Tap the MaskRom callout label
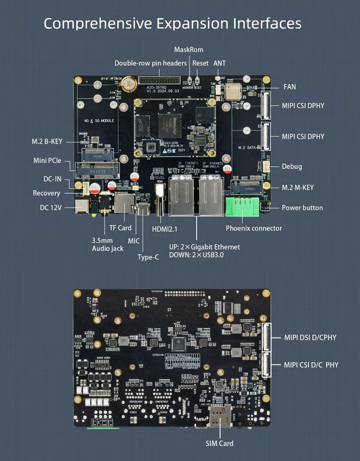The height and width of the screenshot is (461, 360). click(x=188, y=50)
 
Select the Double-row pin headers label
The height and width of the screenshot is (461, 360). click(x=150, y=63)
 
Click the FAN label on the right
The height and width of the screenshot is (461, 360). click(x=290, y=87)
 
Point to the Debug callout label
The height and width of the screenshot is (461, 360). click(x=292, y=166)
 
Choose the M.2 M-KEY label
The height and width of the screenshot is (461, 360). click(x=297, y=187)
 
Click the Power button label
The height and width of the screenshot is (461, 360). click(x=302, y=208)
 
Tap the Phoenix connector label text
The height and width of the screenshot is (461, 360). click(x=254, y=228)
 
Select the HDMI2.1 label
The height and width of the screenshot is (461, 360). click(x=164, y=229)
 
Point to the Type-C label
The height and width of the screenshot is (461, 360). click(x=148, y=257)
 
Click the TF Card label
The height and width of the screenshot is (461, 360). click(x=120, y=228)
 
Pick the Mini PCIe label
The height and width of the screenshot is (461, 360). click(x=48, y=161)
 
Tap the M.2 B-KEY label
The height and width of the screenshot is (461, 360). click(x=47, y=142)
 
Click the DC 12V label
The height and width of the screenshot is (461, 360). click(x=51, y=207)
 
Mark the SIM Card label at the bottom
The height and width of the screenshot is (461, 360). click(x=219, y=443)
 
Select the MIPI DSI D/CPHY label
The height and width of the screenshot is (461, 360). click(x=310, y=337)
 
